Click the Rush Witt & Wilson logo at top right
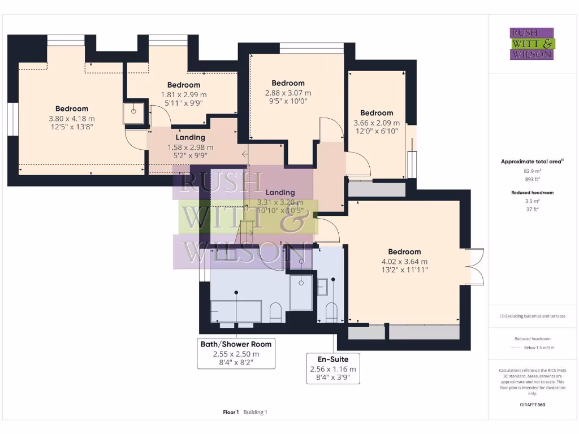(x=533, y=44)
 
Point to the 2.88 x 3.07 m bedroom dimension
(x=288, y=93)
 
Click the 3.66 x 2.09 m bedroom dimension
(x=376, y=123)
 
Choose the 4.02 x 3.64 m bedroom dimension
(x=404, y=262)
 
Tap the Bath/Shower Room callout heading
(x=236, y=344)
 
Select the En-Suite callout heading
(x=332, y=359)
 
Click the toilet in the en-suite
(x=331, y=311)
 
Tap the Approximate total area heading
(x=532, y=162)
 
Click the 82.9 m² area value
(x=532, y=170)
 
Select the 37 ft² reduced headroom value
(x=532, y=209)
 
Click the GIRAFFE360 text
(x=532, y=405)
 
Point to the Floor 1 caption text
(x=231, y=413)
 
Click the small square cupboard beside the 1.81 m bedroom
(x=134, y=114)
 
